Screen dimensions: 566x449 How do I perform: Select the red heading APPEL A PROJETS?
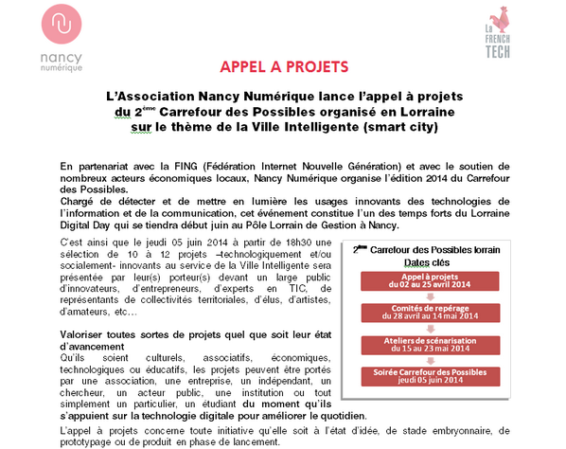pyautogui.click(x=282, y=67)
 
